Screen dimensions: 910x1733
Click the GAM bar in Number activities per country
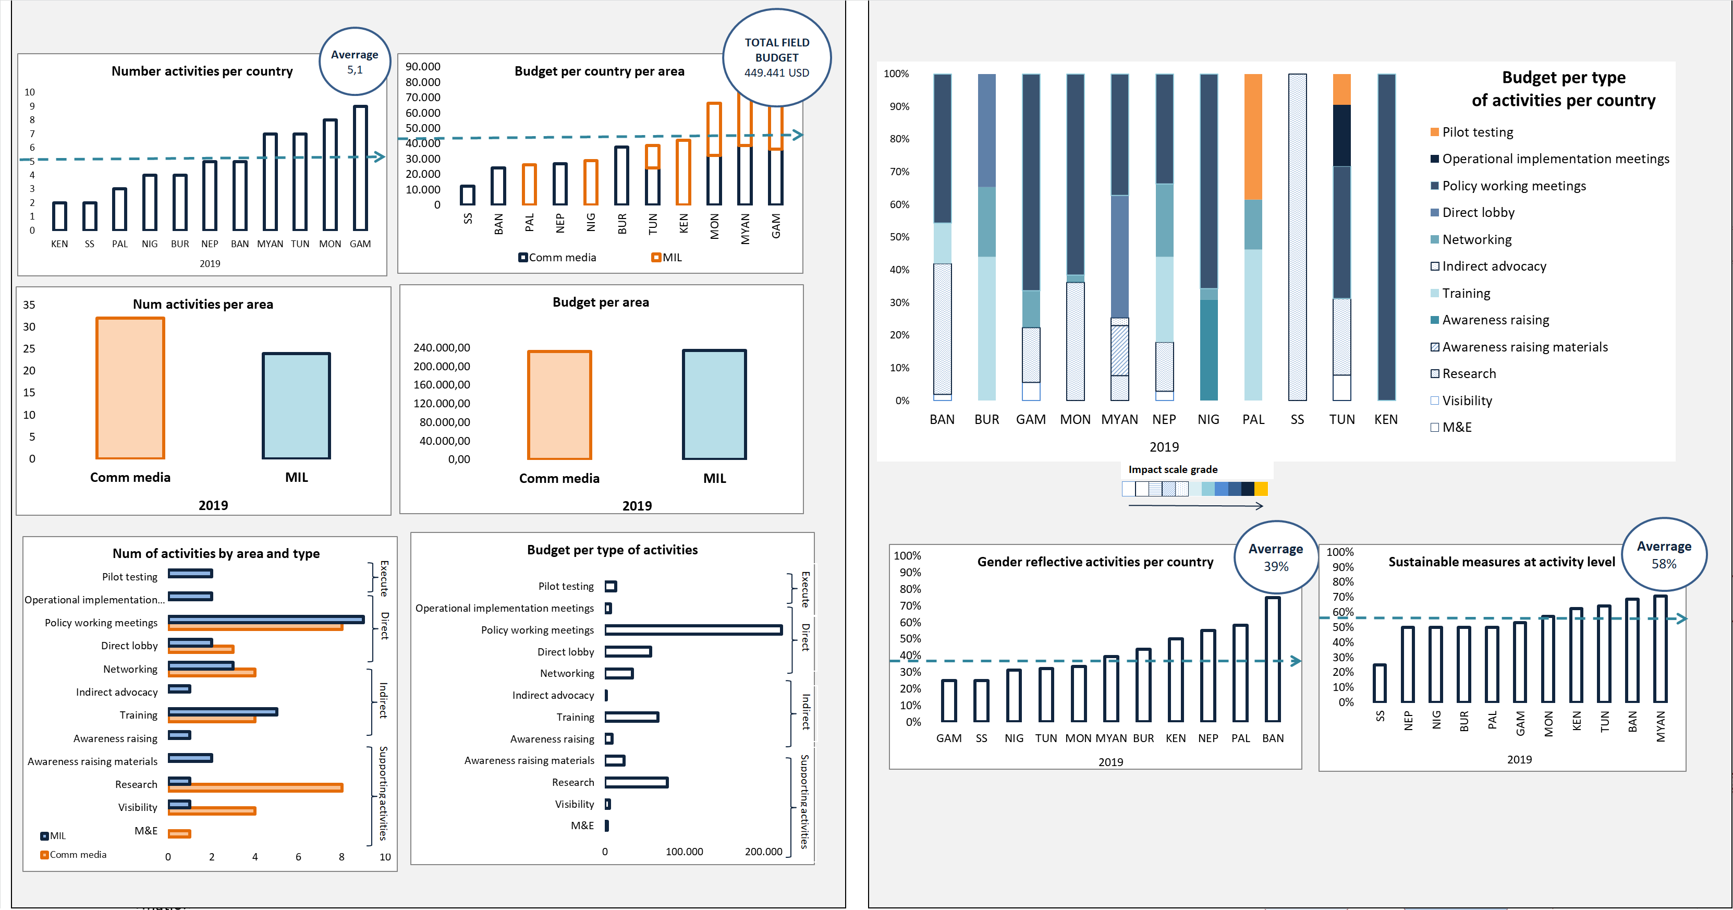361,168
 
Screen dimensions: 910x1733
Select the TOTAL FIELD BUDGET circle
776,58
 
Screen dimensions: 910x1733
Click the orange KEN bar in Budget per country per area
683,172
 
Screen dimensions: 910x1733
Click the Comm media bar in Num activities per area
130,389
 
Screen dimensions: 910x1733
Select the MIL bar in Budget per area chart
714,405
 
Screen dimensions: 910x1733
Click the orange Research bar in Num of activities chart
255,787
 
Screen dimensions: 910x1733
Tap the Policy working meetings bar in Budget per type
693,630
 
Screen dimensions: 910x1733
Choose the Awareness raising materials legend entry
1524,347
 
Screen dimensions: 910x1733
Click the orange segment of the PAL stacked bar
1253,137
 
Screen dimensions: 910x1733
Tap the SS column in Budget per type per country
1297,237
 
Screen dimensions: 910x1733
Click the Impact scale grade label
1173,470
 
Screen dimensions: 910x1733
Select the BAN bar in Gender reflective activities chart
1272,659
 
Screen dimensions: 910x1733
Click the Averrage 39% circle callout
1276,556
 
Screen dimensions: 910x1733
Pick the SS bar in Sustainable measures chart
1379,683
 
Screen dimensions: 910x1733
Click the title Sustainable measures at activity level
1501,562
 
